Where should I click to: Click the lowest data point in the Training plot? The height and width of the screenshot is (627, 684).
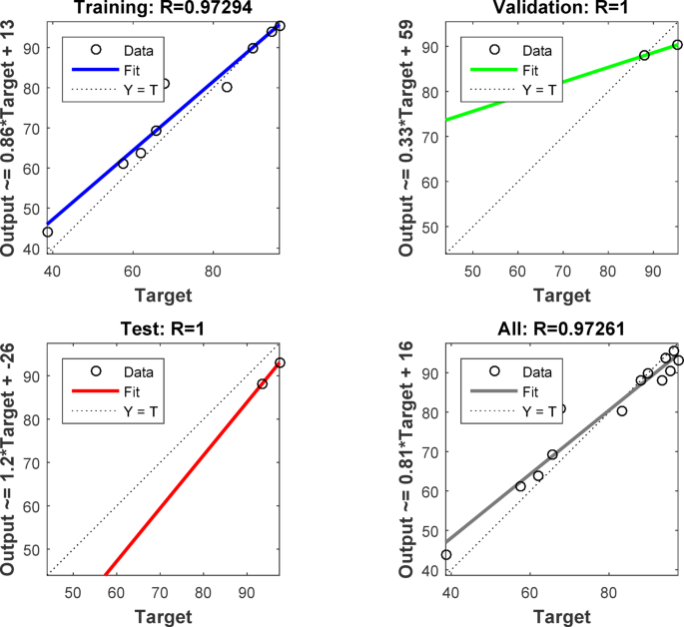coord(47,232)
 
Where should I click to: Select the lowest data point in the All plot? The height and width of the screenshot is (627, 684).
coord(445,555)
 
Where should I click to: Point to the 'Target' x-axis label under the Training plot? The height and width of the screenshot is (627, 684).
coord(165,294)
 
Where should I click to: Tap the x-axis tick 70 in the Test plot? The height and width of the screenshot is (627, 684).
coord(160,593)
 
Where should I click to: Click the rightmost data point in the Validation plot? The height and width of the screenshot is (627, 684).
coord(677,45)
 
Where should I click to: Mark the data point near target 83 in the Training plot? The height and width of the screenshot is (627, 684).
coord(227,88)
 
